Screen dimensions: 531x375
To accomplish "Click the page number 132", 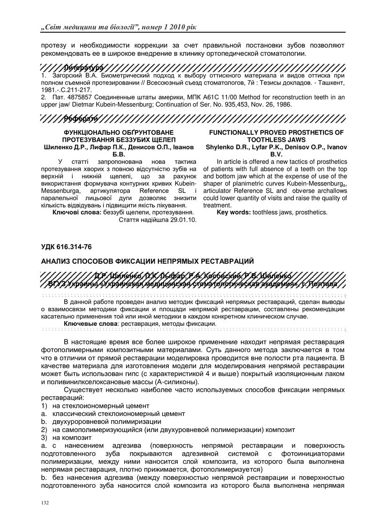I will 45,503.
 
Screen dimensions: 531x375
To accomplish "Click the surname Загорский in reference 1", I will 65,75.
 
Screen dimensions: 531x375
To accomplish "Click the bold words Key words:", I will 233,212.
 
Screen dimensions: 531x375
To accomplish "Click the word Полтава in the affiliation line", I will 333,285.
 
